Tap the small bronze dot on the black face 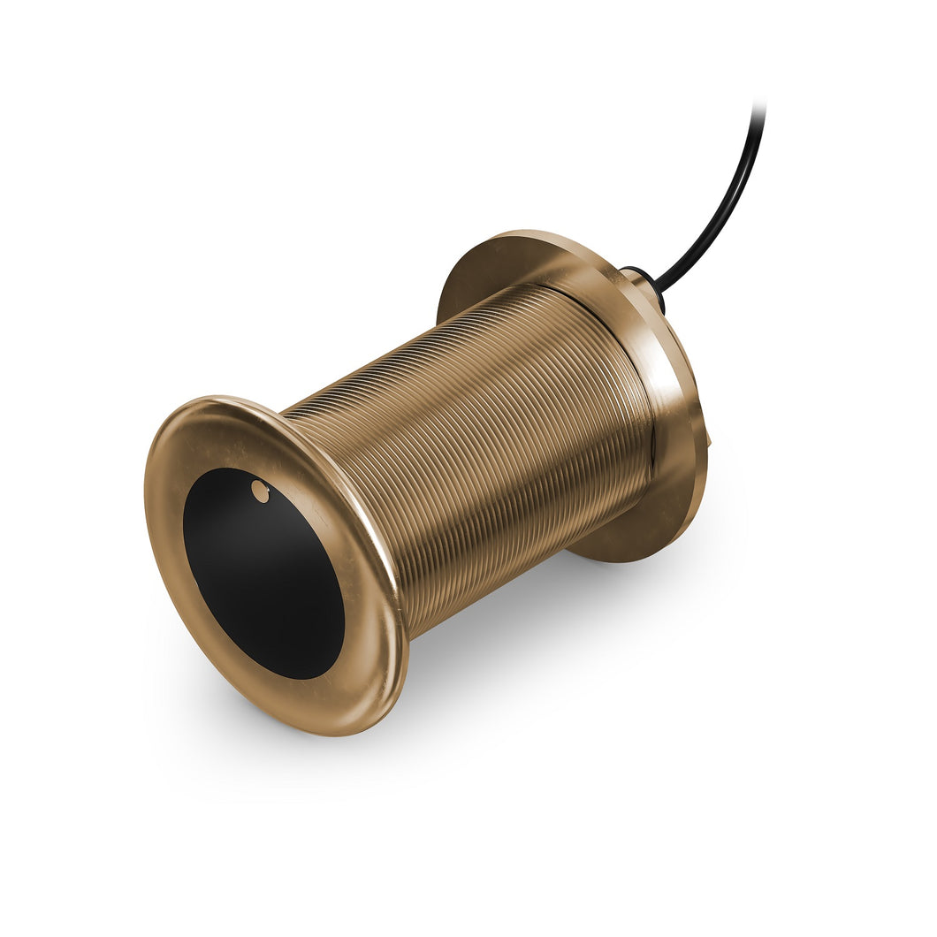pyautogui.click(x=260, y=491)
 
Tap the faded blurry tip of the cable pyautogui.click(x=758, y=111)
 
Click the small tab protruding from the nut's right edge pyautogui.click(x=709, y=438)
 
